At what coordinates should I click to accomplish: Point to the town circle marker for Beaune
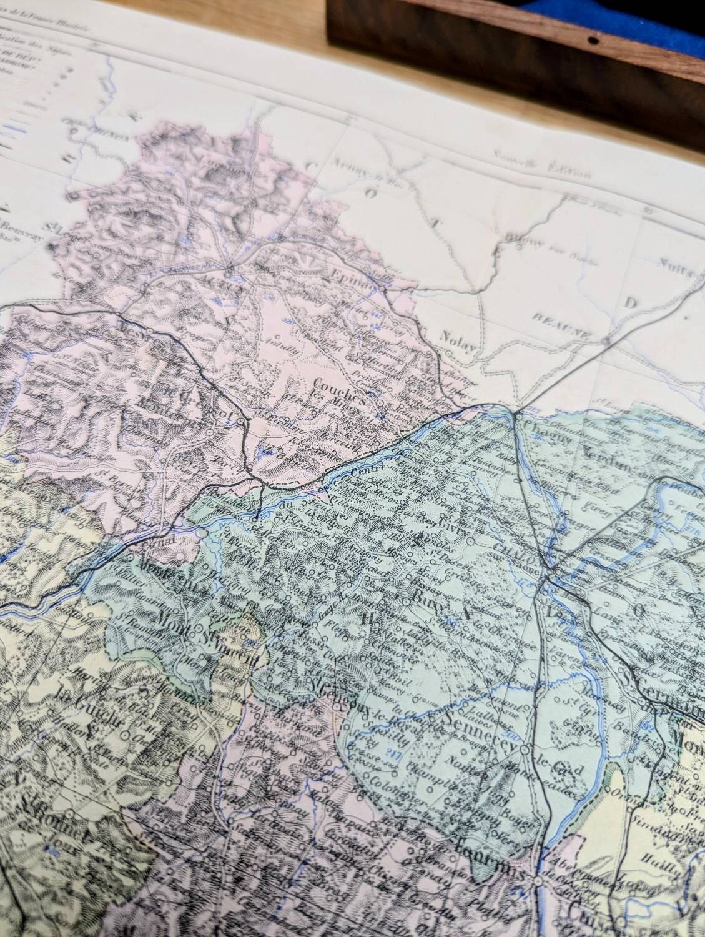tap(606, 341)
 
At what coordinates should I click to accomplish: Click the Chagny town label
tap(551, 438)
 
